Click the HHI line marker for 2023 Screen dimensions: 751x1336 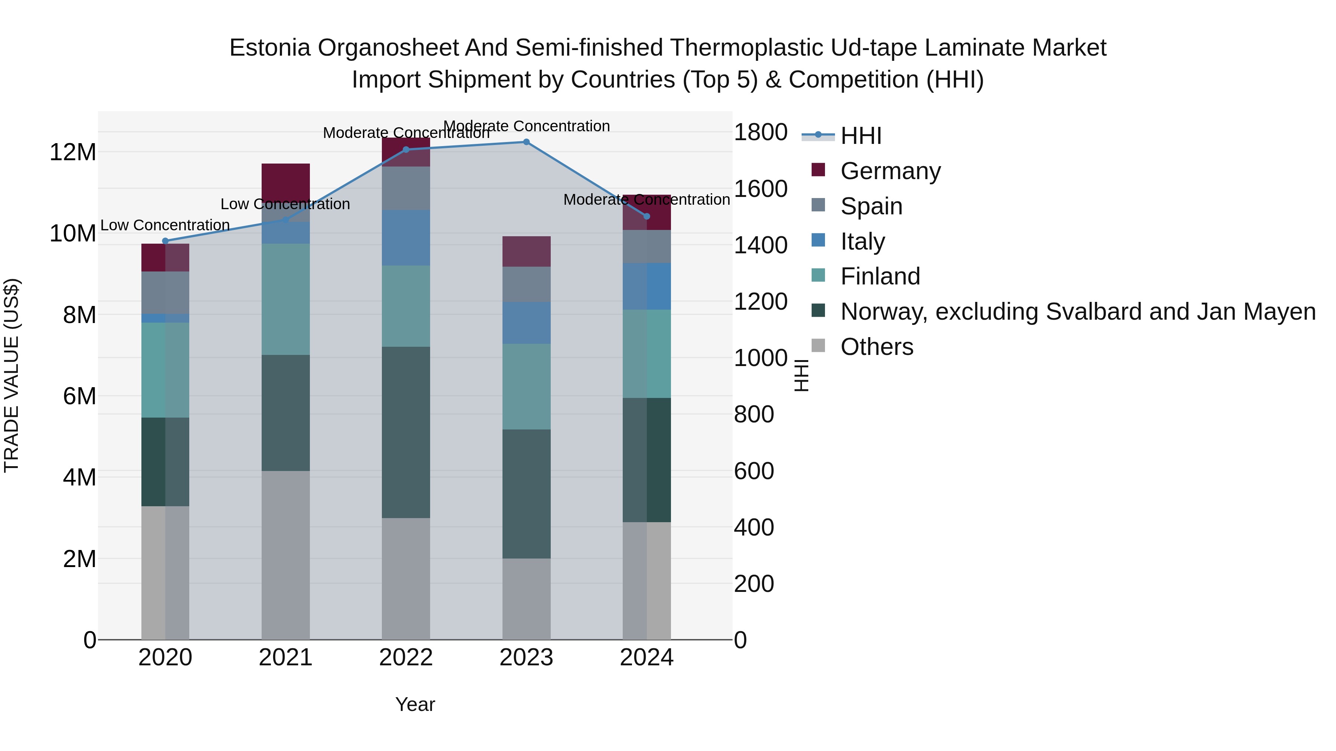pyautogui.click(x=526, y=142)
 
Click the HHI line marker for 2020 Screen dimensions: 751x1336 pyautogui.click(x=166, y=241)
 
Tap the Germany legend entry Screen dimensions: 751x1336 pyautogui.click(x=890, y=171)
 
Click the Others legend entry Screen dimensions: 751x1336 pyautogui.click(x=877, y=347)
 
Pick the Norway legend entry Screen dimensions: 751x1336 pyautogui.click(x=1078, y=312)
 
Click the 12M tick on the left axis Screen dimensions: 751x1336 pyautogui.click(x=73, y=152)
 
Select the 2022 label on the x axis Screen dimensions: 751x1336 pyautogui.click(x=406, y=658)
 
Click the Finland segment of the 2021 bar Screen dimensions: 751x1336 pyautogui.click(x=285, y=299)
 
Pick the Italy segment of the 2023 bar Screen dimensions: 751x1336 pyautogui.click(x=526, y=323)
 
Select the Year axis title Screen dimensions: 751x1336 pyautogui.click(x=415, y=704)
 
